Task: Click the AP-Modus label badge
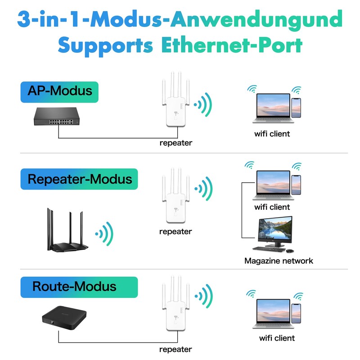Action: (59, 92)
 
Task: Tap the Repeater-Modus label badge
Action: (79, 179)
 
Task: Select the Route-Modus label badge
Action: (79, 287)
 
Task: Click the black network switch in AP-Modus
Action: (57, 117)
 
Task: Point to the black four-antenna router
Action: (67, 230)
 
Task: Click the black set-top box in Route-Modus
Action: (64, 318)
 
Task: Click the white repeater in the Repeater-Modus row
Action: (176, 196)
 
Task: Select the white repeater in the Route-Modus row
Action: (176, 303)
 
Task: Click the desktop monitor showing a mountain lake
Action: (275, 231)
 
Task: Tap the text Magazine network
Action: (279, 261)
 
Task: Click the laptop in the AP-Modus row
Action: (273, 108)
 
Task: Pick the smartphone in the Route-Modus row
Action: (296, 314)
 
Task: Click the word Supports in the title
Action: (105, 45)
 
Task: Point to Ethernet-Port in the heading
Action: (232, 45)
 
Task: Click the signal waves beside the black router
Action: (104, 234)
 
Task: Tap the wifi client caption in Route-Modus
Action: (277, 338)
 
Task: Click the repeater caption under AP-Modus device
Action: (176, 143)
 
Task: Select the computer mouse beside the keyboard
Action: (290, 251)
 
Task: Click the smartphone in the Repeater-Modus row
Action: (296, 185)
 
